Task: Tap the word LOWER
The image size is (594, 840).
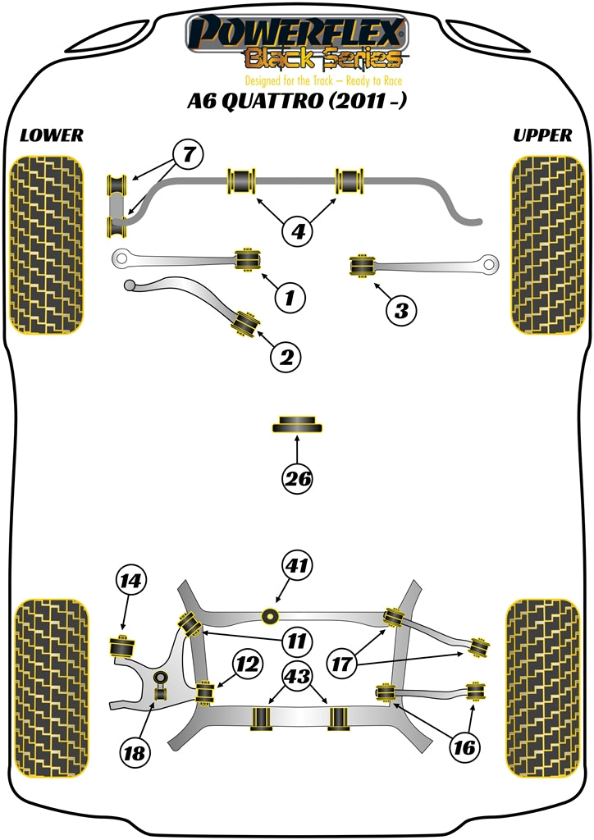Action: click(51, 135)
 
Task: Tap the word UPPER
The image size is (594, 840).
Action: click(542, 135)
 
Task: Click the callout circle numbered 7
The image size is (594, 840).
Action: click(188, 153)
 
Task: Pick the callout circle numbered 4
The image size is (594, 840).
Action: click(298, 232)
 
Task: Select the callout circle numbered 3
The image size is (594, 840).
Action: click(400, 310)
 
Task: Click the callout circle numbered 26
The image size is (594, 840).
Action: click(298, 479)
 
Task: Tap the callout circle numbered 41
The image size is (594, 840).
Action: click(298, 565)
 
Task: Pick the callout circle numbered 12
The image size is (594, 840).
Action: click(247, 665)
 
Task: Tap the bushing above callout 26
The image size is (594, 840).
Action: click(297, 426)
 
